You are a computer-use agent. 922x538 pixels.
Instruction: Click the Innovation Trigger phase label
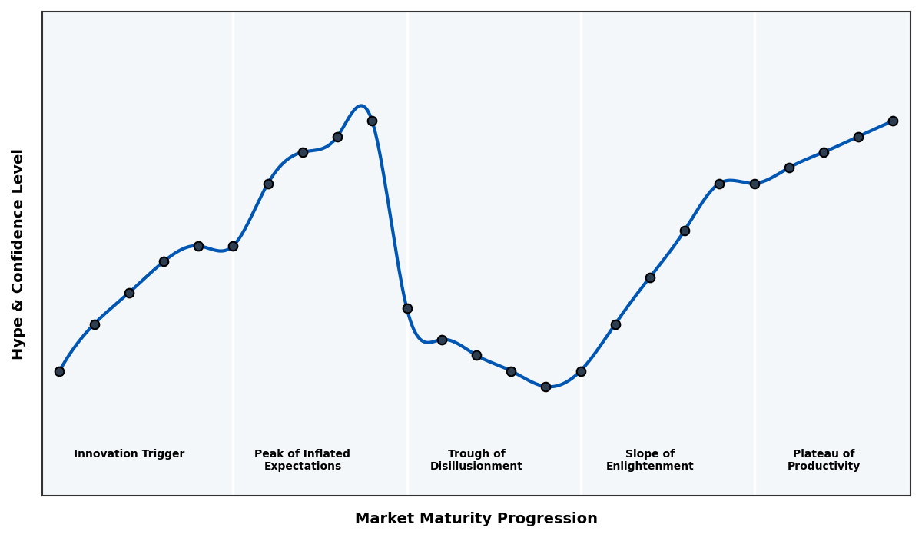(129, 454)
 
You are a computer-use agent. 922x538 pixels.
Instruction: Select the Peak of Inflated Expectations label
(302, 460)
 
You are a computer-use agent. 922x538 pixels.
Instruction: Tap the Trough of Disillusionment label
(476, 460)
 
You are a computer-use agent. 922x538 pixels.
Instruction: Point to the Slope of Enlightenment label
(649, 460)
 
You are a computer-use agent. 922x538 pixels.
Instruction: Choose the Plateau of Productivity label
(823, 460)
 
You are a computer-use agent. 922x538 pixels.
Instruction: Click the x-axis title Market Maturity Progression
(476, 519)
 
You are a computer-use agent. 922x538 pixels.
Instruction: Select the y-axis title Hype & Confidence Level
(18, 254)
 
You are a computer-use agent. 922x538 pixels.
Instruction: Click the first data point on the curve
(59, 371)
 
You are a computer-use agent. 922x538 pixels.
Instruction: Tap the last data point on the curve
(893, 121)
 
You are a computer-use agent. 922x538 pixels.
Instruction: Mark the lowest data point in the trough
(546, 387)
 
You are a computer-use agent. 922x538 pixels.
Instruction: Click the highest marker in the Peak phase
(372, 121)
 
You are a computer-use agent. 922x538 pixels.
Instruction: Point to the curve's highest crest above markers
(360, 106)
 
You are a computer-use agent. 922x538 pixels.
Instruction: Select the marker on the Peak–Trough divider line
(407, 308)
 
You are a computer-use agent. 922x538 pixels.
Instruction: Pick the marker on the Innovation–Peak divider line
(233, 246)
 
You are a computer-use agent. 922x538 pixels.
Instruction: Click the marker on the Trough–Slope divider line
(581, 371)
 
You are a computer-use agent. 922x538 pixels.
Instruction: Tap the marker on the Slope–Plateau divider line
(755, 184)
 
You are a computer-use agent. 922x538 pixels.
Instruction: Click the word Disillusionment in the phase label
(476, 467)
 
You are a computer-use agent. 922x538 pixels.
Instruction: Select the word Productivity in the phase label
(823, 467)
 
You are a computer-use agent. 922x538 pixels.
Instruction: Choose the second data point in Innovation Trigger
(95, 324)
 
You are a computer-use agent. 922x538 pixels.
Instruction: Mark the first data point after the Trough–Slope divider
(615, 324)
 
